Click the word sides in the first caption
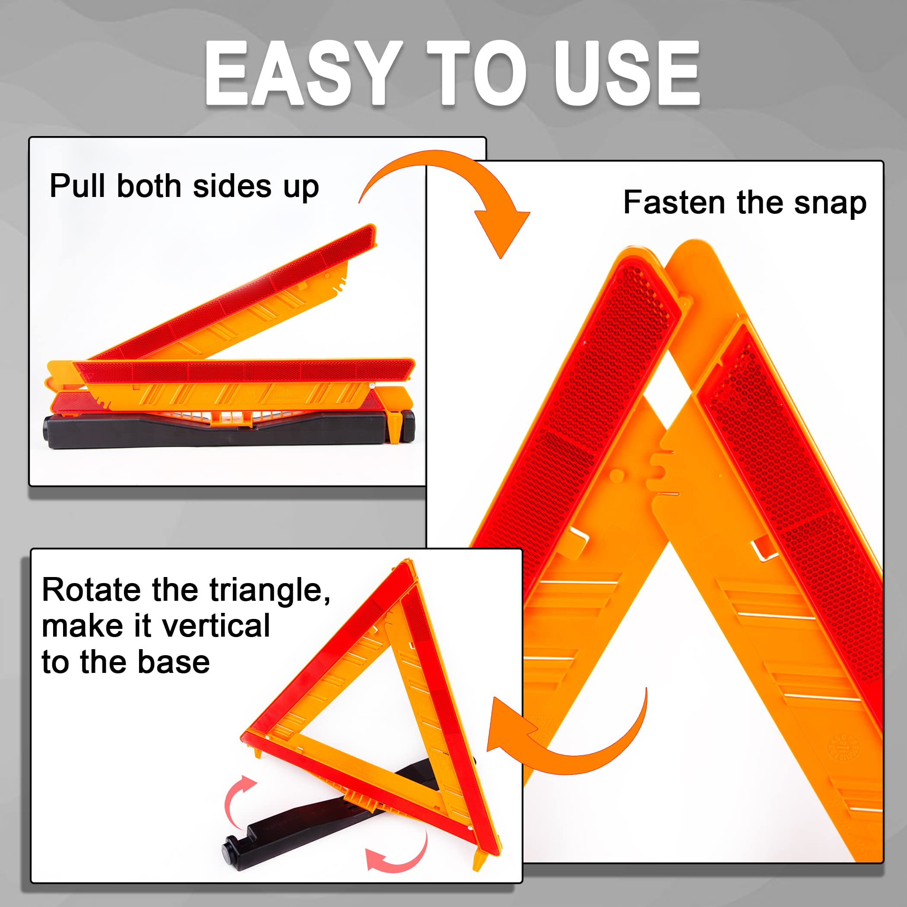[232, 186]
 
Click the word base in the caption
[174, 662]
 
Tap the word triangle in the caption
[270, 590]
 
